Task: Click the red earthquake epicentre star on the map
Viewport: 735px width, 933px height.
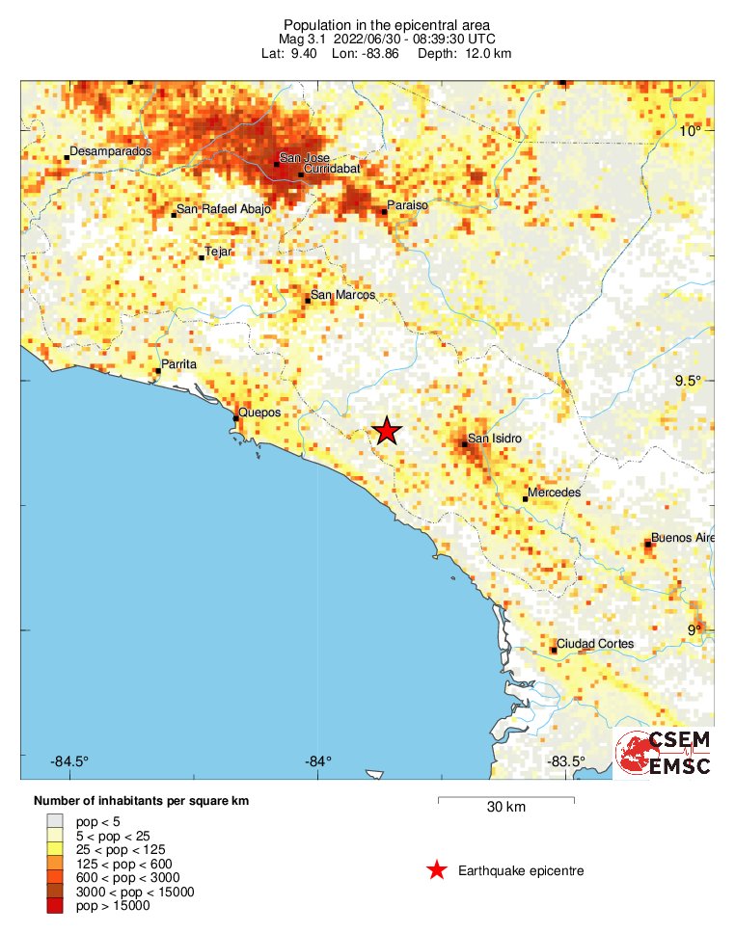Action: pyautogui.click(x=387, y=431)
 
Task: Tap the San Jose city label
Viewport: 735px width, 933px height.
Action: pyautogui.click(x=304, y=158)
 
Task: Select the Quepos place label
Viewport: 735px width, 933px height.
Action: pyautogui.click(x=259, y=413)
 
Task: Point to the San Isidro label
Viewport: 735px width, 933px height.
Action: pyautogui.click(x=494, y=440)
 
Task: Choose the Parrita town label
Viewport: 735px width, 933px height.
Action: pyautogui.click(x=180, y=364)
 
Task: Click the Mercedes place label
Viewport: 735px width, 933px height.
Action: pyautogui.click(x=554, y=493)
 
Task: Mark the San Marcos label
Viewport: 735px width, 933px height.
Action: pyautogui.click(x=342, y=295)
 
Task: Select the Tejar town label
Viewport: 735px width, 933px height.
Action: pyautogui.click(x=220, y=252)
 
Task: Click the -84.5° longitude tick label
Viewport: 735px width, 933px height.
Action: pyautogui.click(x=69, y=761)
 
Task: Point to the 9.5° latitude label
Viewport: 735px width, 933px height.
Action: pyautogui.click(x=688, y=381)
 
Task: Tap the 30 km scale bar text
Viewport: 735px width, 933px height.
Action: pyautogui.click(x=505, y=807)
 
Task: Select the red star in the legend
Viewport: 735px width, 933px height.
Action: pyautogui.click(x=437, y=870)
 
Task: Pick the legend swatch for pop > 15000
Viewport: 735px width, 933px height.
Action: pyautogui.click(x=56, y=906)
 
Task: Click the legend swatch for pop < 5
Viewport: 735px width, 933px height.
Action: pyautogui.click(x=56, y=821)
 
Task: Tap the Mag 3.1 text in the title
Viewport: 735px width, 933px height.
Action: pyautogui.click(x=304, y=39)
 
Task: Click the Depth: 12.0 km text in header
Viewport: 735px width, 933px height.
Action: pyautogui.click(x=464, y=53)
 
